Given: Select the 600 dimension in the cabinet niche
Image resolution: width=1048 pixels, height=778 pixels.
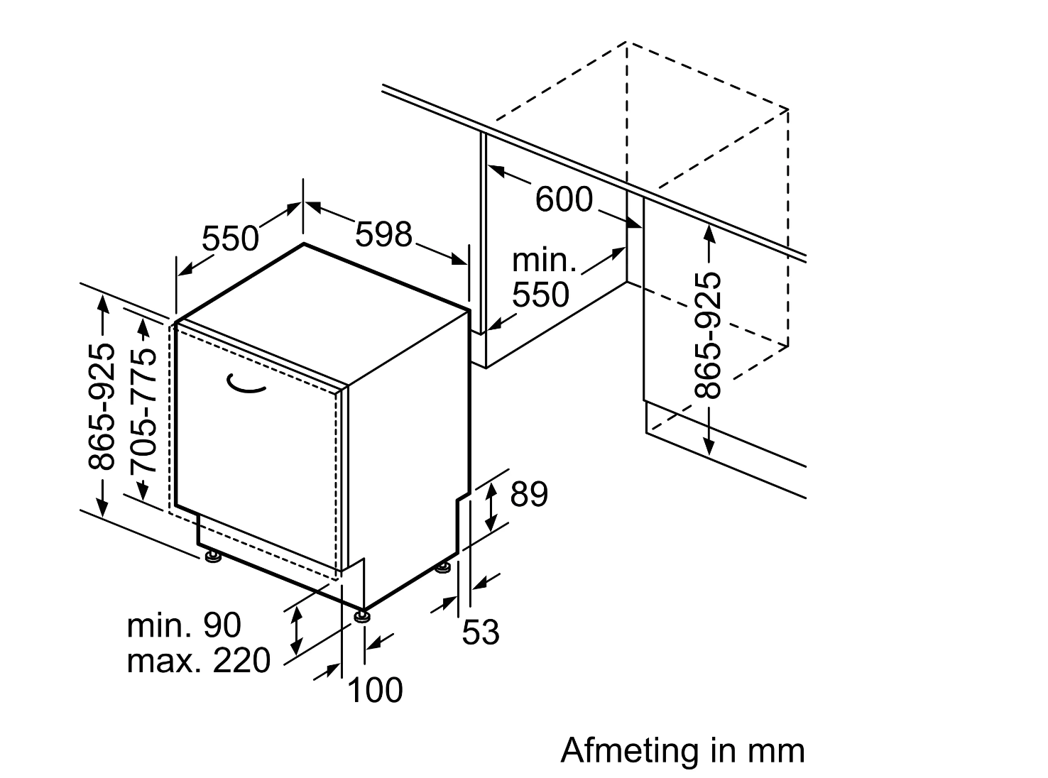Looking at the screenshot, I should (563, 199).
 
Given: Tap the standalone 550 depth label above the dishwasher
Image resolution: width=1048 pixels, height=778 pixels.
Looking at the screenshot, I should (230, 239).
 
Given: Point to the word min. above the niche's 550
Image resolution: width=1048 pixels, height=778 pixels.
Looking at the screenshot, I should (544, 261).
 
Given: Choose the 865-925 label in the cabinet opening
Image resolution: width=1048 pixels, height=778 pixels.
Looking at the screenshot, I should (707, 335).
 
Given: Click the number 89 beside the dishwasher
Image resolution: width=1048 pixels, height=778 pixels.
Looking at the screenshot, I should (529, 495).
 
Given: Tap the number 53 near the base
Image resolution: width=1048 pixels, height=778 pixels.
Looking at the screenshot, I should (481, 632).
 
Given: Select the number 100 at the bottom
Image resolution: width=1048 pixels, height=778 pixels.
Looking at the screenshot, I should (375, 689).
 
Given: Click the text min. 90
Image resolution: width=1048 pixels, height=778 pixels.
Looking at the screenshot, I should (184, 625).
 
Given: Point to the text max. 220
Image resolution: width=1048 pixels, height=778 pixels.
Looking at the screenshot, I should (198, 661).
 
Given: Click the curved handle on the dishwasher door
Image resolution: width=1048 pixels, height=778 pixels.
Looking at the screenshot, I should (245, 384).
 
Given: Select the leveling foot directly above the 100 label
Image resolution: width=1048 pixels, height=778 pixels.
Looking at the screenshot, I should (362, 615).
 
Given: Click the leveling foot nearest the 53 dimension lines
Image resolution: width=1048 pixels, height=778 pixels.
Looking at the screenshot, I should (444, 567).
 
